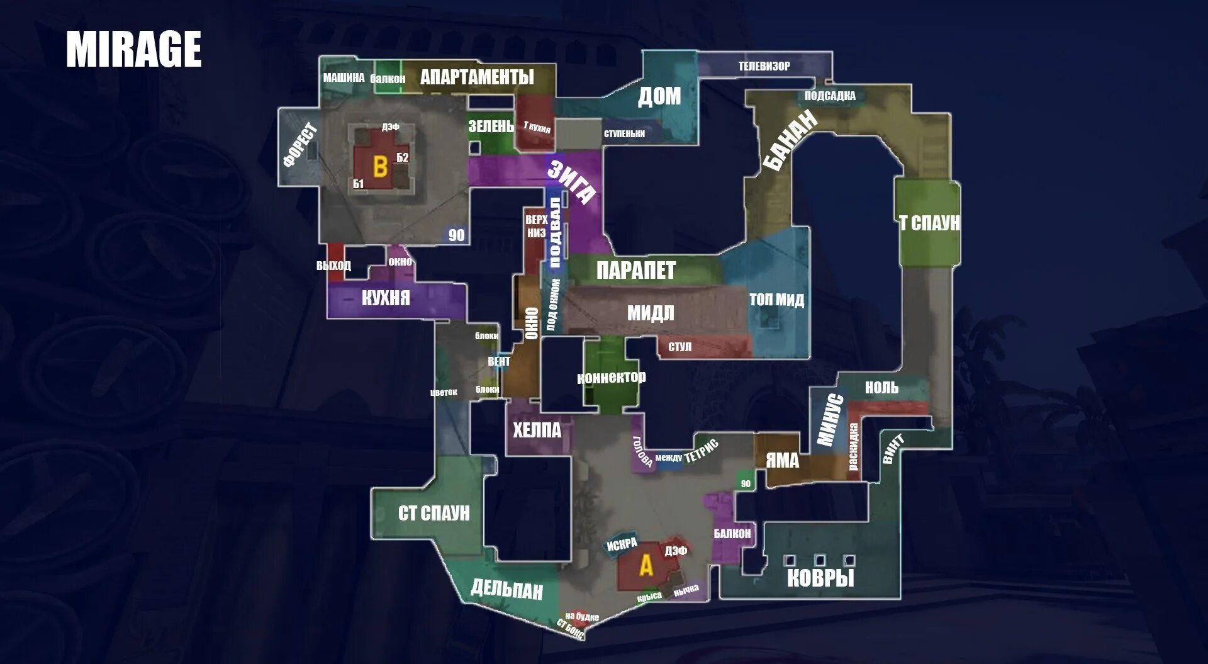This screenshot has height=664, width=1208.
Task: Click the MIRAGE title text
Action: [133, 49]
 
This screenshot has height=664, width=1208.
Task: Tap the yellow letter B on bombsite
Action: [380, 167]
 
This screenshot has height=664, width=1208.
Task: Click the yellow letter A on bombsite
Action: [646, 566]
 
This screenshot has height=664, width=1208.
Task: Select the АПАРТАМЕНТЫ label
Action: [477, 77]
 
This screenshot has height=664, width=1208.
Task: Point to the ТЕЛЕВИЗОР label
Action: [764, 66]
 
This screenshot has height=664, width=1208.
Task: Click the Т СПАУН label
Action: [929, 223]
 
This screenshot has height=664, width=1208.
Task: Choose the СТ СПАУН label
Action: [433, 514]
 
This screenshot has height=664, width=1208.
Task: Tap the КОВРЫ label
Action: [820, 578]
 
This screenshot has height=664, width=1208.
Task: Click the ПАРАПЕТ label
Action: [635, 271]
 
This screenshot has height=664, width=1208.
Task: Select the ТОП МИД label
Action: [776, 300]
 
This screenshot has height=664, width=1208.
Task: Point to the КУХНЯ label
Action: [386, 298]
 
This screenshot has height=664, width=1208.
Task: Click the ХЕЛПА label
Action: [537, 430]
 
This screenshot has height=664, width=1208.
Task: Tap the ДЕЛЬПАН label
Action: [506, 590]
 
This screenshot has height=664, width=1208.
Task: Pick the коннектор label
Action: [611, 377]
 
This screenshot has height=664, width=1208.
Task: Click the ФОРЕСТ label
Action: [300, 145]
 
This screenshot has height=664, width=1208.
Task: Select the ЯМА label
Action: [782, 461]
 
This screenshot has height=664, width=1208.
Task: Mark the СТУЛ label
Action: [679, 347]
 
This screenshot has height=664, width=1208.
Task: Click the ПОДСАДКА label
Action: [830, 96]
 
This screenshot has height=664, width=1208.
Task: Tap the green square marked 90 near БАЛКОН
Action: [746, 483]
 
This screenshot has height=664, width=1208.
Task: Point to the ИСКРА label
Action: [622, 544]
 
